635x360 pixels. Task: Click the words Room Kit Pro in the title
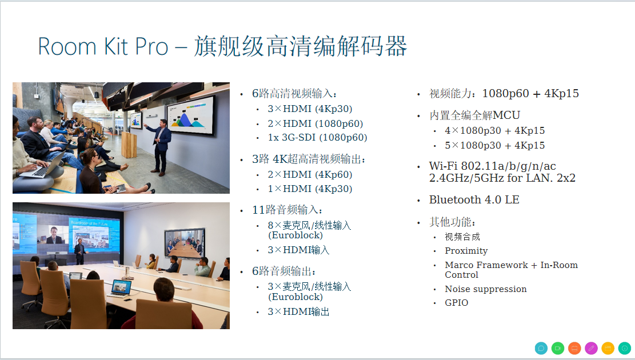click(103, 46)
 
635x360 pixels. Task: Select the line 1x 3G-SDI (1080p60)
click(317, 138)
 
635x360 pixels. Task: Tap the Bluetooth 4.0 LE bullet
click(474, 199)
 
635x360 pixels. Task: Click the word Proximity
click(466, 251)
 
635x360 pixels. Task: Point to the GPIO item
click(457, 303)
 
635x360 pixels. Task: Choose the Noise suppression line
click(486, 289)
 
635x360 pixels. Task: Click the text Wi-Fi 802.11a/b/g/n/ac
click(493, 166)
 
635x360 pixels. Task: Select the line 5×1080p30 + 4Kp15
click(494, 145)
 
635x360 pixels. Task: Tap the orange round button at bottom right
click(574, 348)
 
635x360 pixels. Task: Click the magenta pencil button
click(591, 348)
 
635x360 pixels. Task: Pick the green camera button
click(558, 348)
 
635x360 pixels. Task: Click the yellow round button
click(608, 348)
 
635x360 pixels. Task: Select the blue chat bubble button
click(541, 348)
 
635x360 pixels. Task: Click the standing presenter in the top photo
click(160, 147)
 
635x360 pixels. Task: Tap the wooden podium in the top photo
click(129, 144)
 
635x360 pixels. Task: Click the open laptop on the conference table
click(121, 289)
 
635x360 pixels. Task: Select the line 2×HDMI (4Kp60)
click(310, 174)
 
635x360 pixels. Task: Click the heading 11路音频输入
click(287, 210)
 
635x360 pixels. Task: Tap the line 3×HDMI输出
click(298, 311)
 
